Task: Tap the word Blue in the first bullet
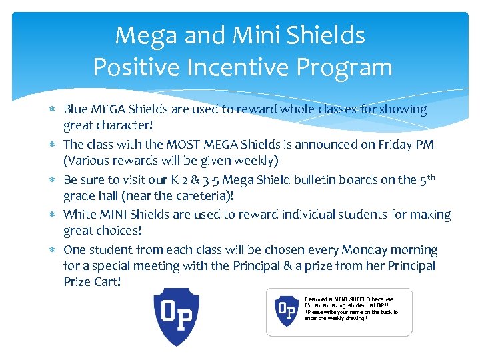pos(75,109)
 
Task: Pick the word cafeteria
pos(207,195)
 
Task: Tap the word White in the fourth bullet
pos(79,215)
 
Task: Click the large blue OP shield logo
pos(177,316)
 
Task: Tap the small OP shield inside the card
pos(286,311)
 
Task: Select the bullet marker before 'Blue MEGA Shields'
pos(54,109)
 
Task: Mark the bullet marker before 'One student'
pos(54,250)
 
